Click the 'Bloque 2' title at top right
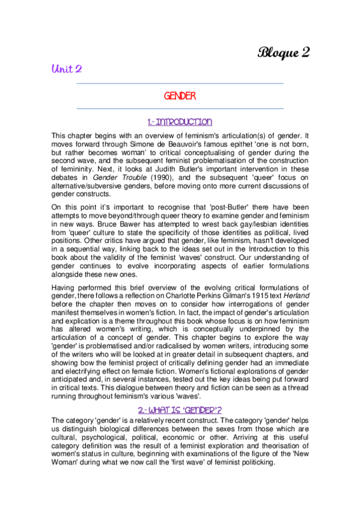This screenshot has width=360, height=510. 284,52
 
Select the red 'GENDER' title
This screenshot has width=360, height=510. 180,96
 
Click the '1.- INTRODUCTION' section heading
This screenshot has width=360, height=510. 180,122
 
